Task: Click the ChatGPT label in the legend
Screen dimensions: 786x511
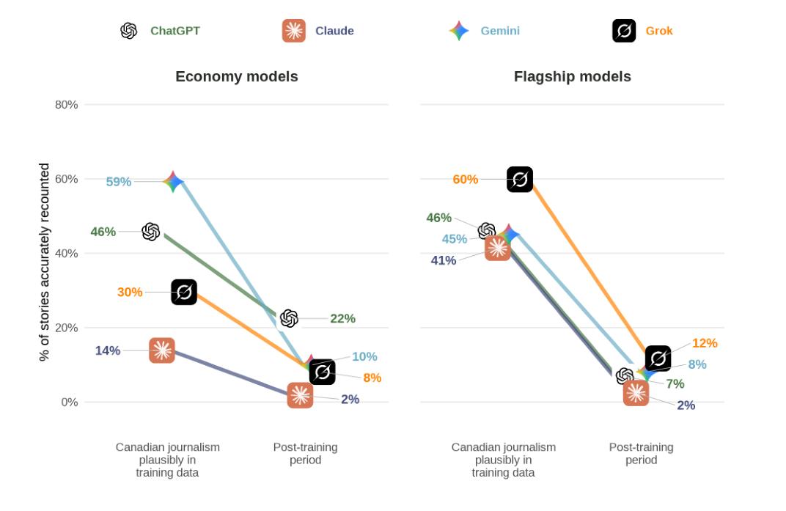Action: click(x=175, y=31)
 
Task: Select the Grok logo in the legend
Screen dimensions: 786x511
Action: click(x=624, y=31)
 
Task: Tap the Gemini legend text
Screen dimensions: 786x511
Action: click(x=500, y=31)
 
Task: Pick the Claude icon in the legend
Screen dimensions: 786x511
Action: click(x=294, y=31)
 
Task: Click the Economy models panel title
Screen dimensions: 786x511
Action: click(x=237, y=76)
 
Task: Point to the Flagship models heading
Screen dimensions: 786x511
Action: click(x=573, y=76)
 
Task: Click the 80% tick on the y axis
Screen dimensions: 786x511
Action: click(x=66, y=105)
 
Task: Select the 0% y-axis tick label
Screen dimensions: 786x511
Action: click(x=69, y=402)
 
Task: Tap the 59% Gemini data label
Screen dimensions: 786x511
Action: click(x=118, y=182)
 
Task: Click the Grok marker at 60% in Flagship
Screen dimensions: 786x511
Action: click(x=520, y=180)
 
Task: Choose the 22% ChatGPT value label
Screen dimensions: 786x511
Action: click(x=342, y=318)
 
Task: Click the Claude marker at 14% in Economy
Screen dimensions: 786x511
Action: click(x=162, y=350)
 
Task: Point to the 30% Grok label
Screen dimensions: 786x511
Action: click(x=130, y=292)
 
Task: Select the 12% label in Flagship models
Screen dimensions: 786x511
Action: click(x=705, y=343)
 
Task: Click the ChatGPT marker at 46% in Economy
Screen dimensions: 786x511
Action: click(x=151, y=232)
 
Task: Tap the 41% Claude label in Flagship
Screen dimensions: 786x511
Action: click(x=443, y=260)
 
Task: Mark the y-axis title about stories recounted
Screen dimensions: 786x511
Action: click(x=44, y=262)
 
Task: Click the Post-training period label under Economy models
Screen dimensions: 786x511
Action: click(x=305, y=453)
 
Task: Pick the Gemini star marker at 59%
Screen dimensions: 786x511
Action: click(x=173, y=182)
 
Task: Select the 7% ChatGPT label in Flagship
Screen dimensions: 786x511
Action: click(x=675, y=383)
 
